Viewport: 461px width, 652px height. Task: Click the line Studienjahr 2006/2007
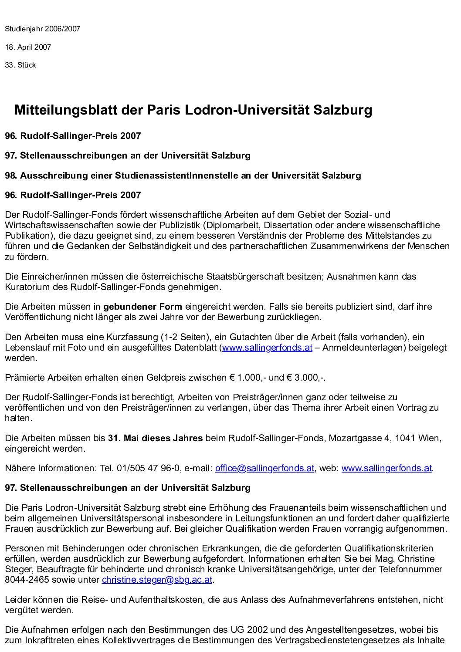(43, 29)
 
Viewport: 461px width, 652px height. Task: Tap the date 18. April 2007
(28, 47)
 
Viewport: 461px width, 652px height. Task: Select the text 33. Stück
(20, 65)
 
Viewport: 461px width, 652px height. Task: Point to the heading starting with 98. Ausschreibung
(183, 176)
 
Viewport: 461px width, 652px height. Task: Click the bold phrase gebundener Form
(142, 307)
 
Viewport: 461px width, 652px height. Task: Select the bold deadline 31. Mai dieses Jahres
(155, 438)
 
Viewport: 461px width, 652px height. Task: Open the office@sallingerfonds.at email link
(264, 468)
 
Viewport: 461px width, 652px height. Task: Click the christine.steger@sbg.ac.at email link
(157, 580)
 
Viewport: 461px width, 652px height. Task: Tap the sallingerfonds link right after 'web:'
(386, 468)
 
